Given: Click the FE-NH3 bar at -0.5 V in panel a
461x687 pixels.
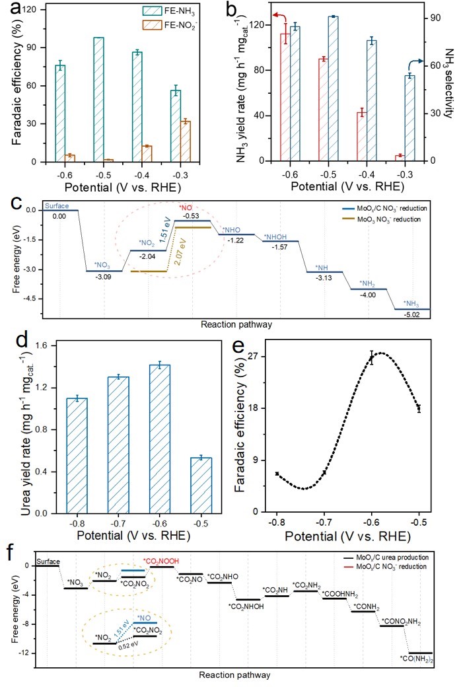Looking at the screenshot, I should (x=98, y=99).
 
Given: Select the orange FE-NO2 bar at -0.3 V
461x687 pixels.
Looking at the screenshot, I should (x=186, y=141).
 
